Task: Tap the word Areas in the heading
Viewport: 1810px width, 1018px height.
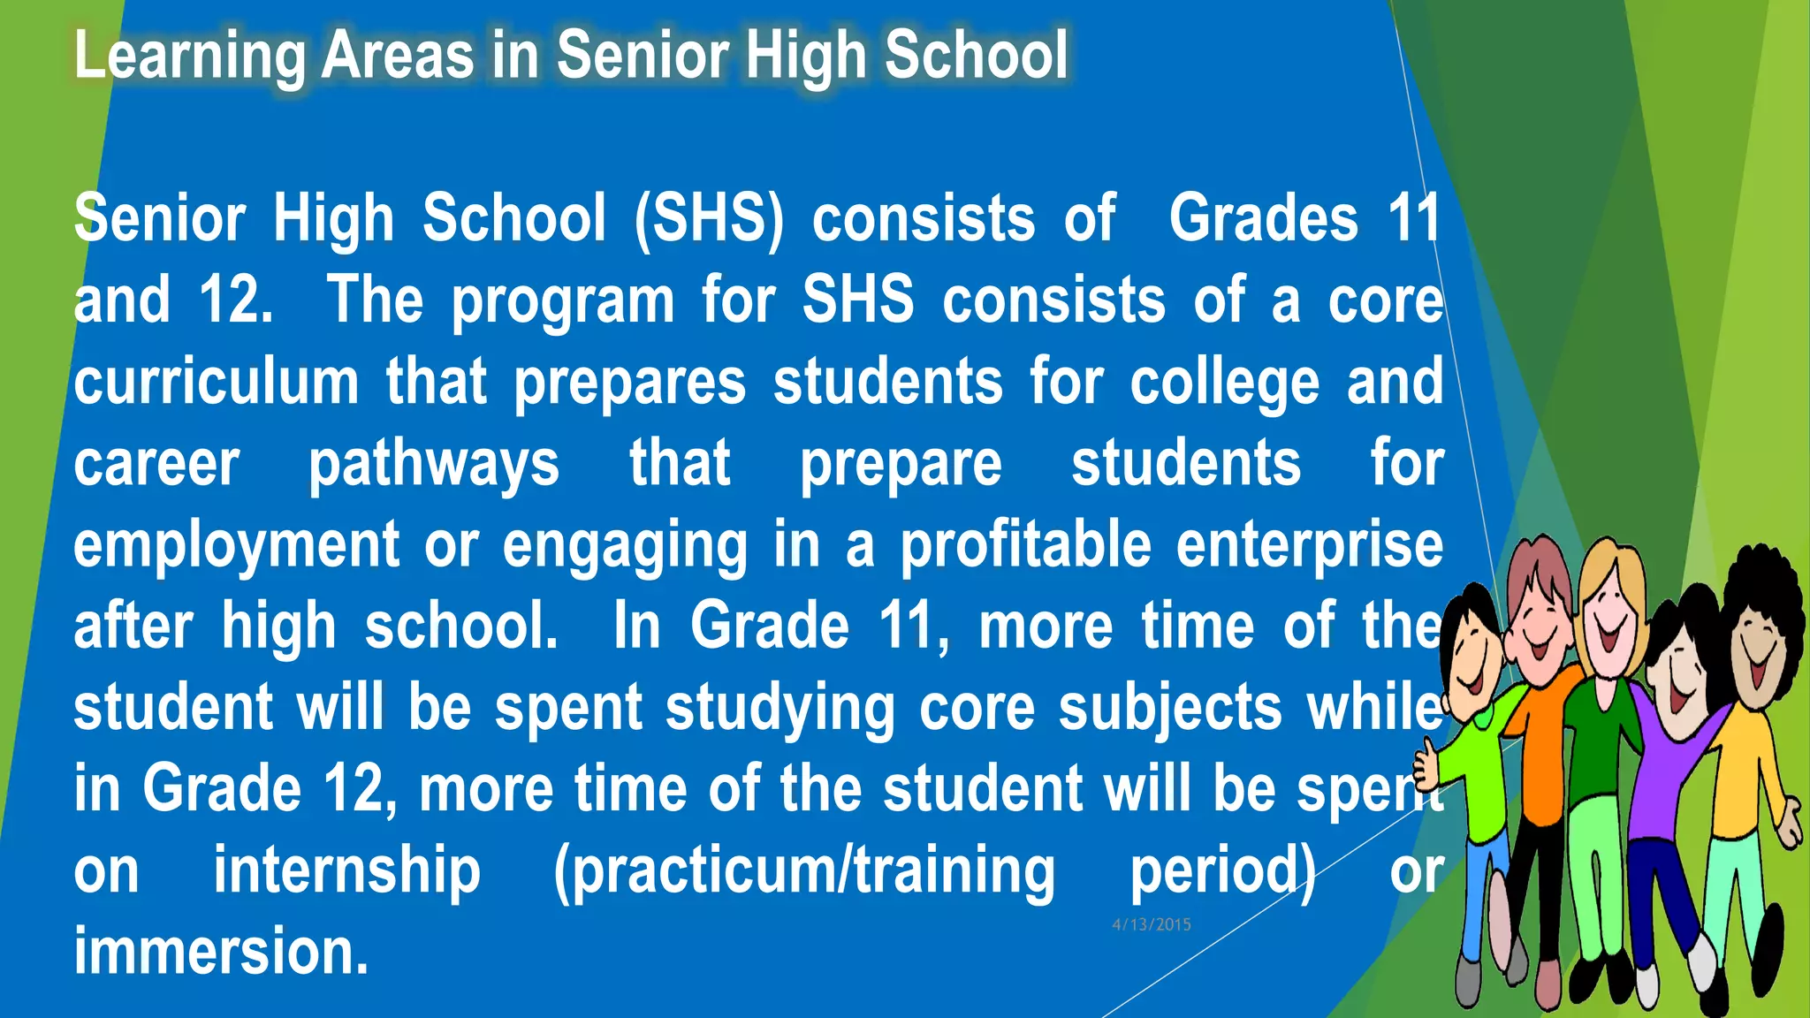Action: coord(397,56)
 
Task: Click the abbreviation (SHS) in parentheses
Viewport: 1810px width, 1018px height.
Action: coord(709,218)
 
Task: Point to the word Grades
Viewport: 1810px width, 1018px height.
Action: coord(1263,218)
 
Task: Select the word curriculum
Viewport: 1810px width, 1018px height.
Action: coord(216,382)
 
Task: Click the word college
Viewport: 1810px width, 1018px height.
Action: coord(1224,384)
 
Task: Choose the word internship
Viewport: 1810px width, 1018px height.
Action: coord(346,871)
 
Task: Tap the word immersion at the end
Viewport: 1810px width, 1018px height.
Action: coord(221,952)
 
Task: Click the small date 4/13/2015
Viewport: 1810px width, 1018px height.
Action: coord(1151,924)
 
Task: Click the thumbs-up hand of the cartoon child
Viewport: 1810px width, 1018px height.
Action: coord(1426,763)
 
